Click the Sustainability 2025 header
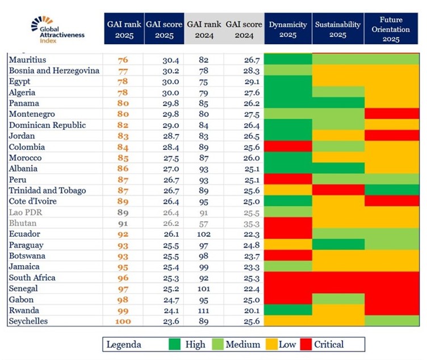338,29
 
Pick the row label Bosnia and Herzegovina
55,70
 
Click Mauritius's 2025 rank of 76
123,60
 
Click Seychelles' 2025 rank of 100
123,321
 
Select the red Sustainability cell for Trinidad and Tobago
338,190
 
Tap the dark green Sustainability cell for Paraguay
338,244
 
